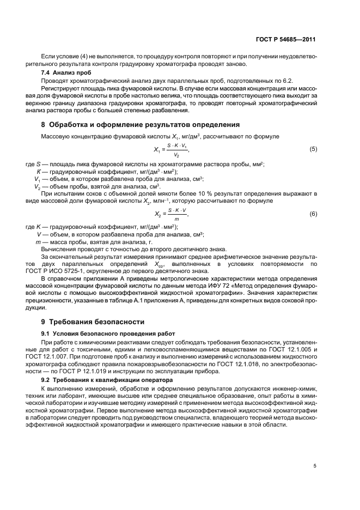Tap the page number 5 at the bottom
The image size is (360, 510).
point(315,466)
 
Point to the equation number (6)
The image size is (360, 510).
point(313,214)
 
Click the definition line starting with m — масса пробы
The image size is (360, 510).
point(93,241)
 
